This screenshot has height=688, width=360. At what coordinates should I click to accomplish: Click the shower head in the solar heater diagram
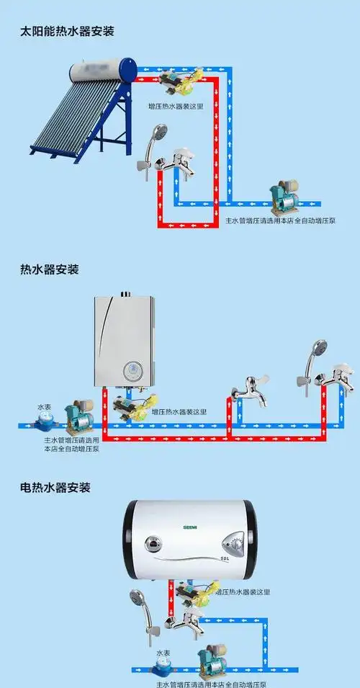pyautogui.click(x=160, y=133)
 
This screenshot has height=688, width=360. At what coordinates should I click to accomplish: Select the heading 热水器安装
pyautogui.click(x=50, y=269)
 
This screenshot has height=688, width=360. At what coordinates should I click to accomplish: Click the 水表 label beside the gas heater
pyautogui.click(x=45, y=407)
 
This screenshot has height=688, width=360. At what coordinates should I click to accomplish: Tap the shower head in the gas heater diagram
pyautogui.click(x=317, y=349)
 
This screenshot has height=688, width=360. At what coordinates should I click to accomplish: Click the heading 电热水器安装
pyautogui.click(x=55, y=488)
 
